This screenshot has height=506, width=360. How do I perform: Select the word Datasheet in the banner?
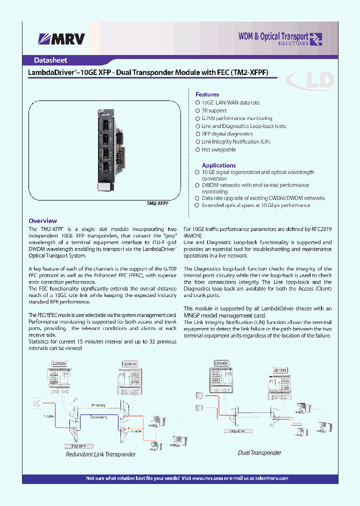point(50,60)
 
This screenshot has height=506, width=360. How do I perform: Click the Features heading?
point(207,94)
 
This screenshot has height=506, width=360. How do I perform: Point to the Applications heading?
point(218,165)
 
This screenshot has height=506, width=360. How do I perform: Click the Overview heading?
point(42,220)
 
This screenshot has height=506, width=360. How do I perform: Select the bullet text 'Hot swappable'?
point(218,149)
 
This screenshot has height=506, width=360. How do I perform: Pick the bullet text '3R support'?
point(214,110)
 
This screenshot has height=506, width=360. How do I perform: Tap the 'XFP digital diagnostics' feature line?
point(227,134)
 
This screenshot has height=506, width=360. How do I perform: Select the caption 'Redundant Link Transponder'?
point(100,454)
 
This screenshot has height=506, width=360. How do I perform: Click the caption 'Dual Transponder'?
point(259,452)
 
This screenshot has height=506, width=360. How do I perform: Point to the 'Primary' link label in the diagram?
point(98,405)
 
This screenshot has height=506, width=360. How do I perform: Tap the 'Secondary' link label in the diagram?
point(98,416)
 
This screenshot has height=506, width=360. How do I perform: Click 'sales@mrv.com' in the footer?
point(271,478)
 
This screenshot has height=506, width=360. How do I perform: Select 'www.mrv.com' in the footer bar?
point(207,478)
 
